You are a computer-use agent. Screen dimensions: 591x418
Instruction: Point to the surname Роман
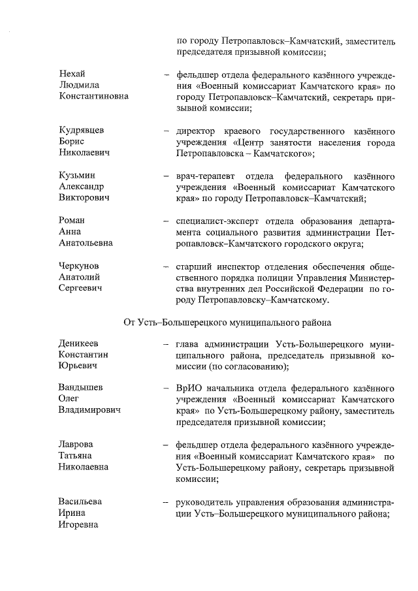[x=72, y=220]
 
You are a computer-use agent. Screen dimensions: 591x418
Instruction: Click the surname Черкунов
[x=80, y=266]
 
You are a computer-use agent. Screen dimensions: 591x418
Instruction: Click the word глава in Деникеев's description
[x=189, y=343]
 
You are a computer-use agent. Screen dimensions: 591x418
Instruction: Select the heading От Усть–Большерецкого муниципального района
[x=228, y=321]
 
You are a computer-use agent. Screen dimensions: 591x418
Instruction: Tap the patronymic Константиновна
[x=93, y=96]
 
